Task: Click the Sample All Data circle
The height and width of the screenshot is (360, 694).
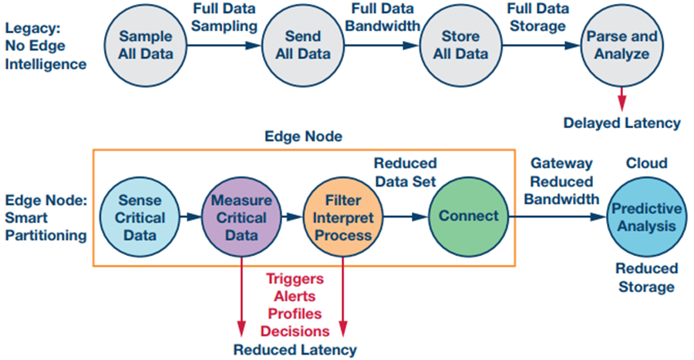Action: pyautogui.click(x=146, y=45)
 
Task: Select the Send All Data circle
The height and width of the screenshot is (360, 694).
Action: pyautogui.click(x=303, y=45)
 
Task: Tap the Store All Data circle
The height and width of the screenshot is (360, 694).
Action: pyautogui.click(x=460, y=45)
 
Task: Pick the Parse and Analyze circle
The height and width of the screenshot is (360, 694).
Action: pyautogui.click(x=622, y=45)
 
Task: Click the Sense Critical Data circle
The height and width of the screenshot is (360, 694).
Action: pyautogui.click(x=140, y=217)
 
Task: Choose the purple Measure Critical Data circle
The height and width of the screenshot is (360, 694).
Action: pyautogui.click(x=241, y=217)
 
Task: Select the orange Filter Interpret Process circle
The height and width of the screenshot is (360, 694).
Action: pyautogui.click(x=343, y=217)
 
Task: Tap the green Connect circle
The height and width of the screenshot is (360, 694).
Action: pyautogui.click(x=469, y=217)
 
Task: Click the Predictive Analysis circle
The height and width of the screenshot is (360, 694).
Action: pyautogui.click(x=646, y=217)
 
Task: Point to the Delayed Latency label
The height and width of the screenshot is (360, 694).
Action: pyautogui.click(x=622, y=123)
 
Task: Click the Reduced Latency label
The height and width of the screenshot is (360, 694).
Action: pyautogui.click(x=295, y=350)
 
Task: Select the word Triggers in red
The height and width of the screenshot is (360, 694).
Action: pyautogui.click(x=295, y=279)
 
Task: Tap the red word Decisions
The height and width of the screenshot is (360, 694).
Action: pyautogui.click(x=295, y=331)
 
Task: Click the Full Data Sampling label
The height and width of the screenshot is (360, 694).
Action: pyautogui.click(x=224, y=17)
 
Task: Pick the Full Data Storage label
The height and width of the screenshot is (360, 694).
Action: pyautogui.click(x=537, y=17)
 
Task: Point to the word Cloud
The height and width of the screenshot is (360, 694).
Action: pyautogui.click(x=647, y=163)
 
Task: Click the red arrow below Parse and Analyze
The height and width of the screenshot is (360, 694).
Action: pyautogui.click(x=622, y=99)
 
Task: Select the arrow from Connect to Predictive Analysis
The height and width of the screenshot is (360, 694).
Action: pyautogui.click(x=558, y=217)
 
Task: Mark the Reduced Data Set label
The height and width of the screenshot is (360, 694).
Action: pyautogui.click(x=406, y=173)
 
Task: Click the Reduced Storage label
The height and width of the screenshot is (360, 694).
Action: pyautogui.click(x=647, y=278)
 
